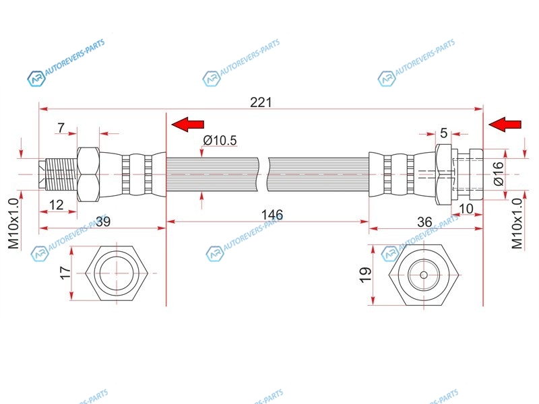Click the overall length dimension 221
[x=261, y=102]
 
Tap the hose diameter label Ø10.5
[x=220, y=140]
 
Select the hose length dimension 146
[x=272, y=215]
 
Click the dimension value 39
[x=103, y=222]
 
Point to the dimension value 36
[x=424, y=222]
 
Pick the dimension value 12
[x=57, y=205]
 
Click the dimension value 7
[x=61, y=128]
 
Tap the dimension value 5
[x=443, y=133]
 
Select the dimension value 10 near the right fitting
[x=466, y=209]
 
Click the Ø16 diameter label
[x=498, y=174]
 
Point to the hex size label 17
[x=65, y=273]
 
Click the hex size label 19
[x=365, y=275]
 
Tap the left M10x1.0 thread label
[x=13, y=224]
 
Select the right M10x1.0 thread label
[x=517, y=224]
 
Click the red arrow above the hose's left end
[x=188, y=125]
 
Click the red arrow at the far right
[x=505, y=125]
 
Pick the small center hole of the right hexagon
[x=424, y=275]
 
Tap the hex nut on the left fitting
[x=88, y=174]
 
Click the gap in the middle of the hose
[x=263, y=174]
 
